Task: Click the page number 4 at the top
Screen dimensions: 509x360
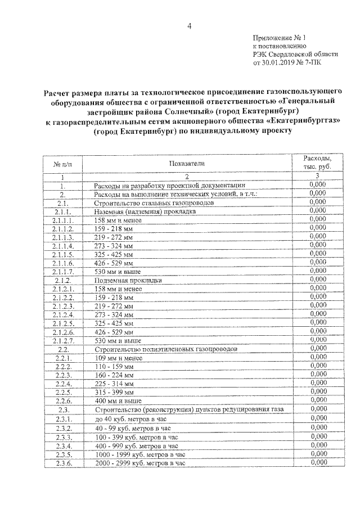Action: click(x=189, y=25)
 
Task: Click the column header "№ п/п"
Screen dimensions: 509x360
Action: click(x=62, y=164)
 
